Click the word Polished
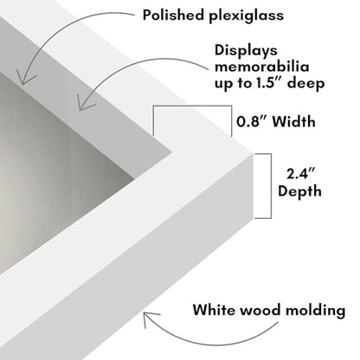[x=173, y=15]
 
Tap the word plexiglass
[x=247, y=16]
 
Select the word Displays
[x=246, y=51]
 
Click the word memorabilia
[x=262, y=67]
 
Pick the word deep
[x=306, y=84]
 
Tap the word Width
[x=294, y=121]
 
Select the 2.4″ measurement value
[x=300, y=174]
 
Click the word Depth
[x=299, y=192]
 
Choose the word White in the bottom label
[x=214, y=310]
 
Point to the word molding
[x=316, y=312]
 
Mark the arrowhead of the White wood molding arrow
[x=145, y=315]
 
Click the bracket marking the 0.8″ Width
[x=192, y=106]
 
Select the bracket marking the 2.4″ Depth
[x=271, y=186]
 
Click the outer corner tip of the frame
[x=253, y=154]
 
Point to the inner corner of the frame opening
[x=172, y=151]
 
